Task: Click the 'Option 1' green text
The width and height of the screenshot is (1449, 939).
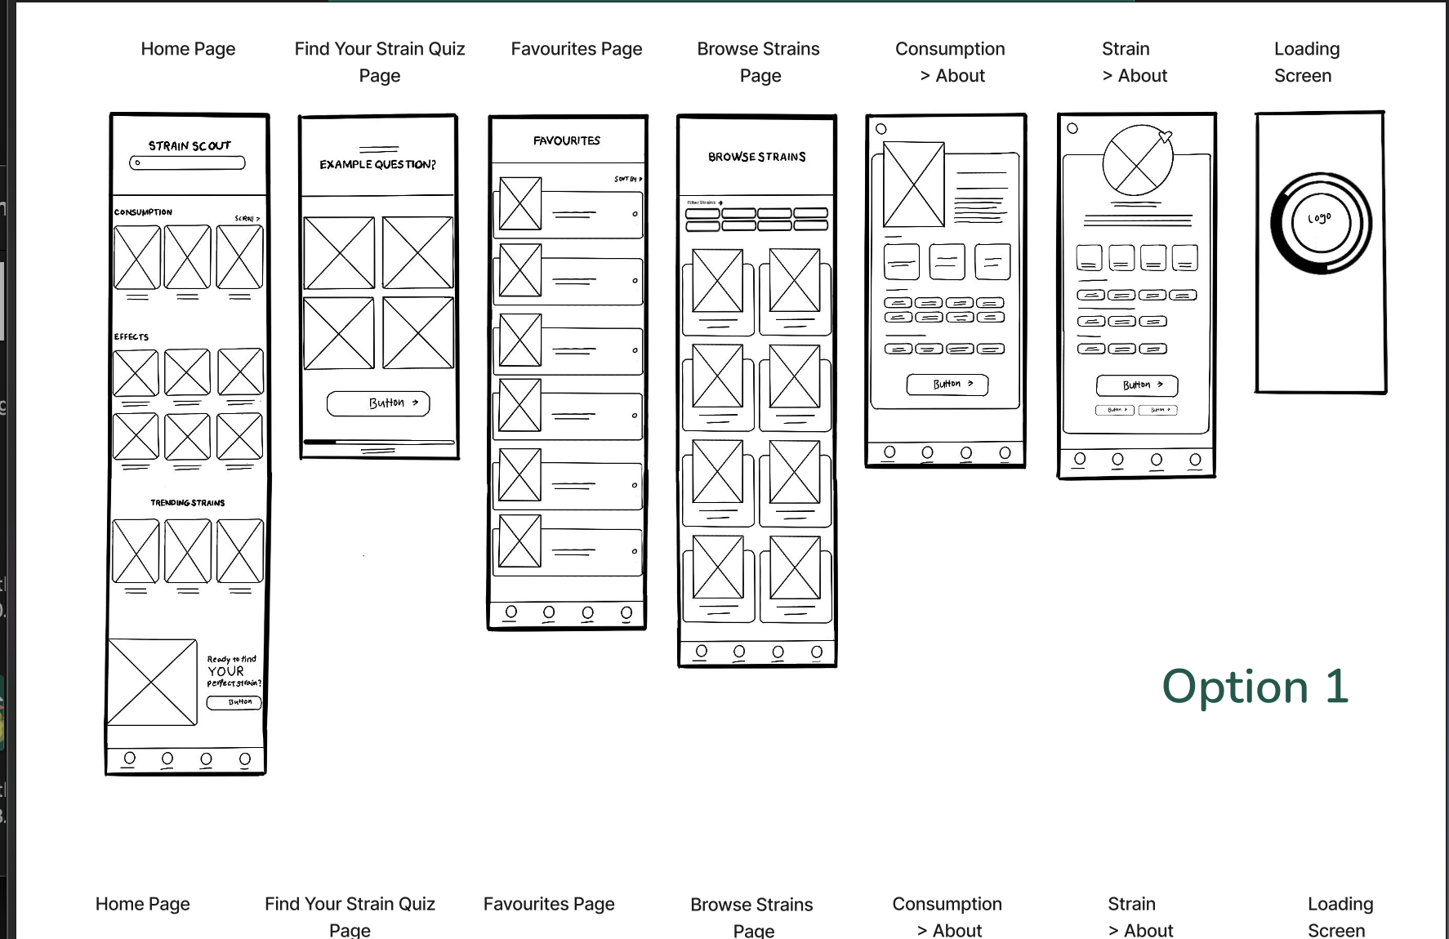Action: pyautogui.click(x=1255, y=687)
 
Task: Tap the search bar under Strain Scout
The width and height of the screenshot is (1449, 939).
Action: pyautogui.click(x=187, y=163)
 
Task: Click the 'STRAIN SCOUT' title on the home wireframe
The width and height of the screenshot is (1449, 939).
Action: pyautogui.click(x=189, y=146)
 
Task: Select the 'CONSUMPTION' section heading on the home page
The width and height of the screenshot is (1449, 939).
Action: pyautogui.click(x=143, y=212)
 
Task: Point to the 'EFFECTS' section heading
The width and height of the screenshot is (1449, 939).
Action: pyautogui.click(x=132, y=336)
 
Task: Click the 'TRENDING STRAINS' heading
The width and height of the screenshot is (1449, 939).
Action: pyautogui.click(x=187, y=503)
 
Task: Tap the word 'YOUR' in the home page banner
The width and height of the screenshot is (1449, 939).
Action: pyautogui.click(x=225, y=671)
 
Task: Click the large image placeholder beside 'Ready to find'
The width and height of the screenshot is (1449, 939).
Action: pyautogui.click(x=152, y=683)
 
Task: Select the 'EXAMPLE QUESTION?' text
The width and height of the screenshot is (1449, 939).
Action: pyautogui.click(x=377, y=165)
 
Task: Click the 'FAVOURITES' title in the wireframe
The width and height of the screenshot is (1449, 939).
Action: pyautogui.click(x=567, y=141)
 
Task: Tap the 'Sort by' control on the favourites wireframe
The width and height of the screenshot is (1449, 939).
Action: pyautogui.click(x=628, y=179)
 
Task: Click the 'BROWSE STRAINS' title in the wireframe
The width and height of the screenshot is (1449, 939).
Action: pyautogui.click(x=756, y=157)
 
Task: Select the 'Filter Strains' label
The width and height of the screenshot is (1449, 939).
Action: pyautogui.click(x=704, y=202)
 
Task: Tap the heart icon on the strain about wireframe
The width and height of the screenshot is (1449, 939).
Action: pyautogui.click(x=1166, y=137)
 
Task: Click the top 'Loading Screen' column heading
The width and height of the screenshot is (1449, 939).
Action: pyautogui.click(x=1306, y=62)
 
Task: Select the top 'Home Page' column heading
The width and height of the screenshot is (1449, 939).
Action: pyautogui.click(x=188, y=49)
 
